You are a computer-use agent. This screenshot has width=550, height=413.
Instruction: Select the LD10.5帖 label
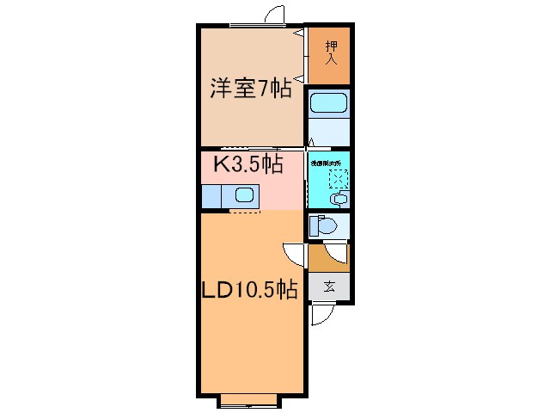click(249, 290)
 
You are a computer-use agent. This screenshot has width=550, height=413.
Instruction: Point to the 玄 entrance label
click(329, 287)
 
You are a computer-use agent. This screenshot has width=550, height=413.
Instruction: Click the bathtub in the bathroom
click(328, 104)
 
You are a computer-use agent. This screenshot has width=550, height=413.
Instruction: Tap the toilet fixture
click(324, 226)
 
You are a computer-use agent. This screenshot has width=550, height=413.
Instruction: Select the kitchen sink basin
click(244, 195)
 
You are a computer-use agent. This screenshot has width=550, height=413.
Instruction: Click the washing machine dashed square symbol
click(339, 179)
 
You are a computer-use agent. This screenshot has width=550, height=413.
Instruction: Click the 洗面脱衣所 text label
click(327, 162)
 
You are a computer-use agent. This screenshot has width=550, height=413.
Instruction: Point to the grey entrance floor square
click(330, 287)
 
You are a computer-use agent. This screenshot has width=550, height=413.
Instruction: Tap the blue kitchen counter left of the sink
click(211, 195)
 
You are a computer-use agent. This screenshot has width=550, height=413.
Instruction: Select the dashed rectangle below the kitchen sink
click(245, 211)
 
